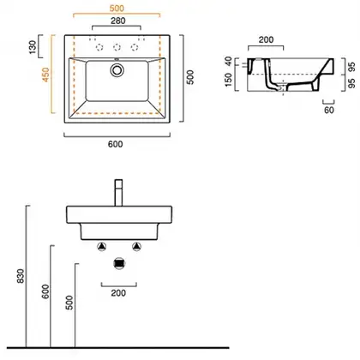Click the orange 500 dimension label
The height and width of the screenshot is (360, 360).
[x=117, y=9]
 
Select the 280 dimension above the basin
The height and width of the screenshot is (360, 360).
[x=118, y=21]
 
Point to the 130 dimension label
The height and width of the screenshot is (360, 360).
[x=33, y=47]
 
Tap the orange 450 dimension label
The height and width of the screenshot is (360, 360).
[x=46, y=75]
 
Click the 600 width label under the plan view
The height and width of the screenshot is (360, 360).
[x=116, y=144]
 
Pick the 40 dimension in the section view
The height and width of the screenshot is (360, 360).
[x=228, y=61]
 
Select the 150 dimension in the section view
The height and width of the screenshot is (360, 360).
[x=229, y=80]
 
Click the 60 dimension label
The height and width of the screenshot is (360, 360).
[x=329, y=110]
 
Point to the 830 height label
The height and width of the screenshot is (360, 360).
[x=21, y=276]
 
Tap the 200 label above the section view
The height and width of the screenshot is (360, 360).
[x=266, y=39]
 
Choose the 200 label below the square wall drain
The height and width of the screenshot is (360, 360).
[x=118, y=293]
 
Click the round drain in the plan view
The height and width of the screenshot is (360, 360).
[x=117, y=69]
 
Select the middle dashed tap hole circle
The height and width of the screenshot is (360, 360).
[x=117, y=47]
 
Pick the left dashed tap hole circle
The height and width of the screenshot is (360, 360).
[x=99, y=47]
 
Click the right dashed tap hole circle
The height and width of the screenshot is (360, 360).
[x=135, y=47]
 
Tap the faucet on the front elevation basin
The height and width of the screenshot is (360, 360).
[x=118, y=193]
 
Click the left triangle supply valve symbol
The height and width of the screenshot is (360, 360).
[x=102, y=246]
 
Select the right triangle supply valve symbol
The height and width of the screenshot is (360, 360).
[x=137, y=246]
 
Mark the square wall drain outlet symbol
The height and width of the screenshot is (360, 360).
[x=119, y=263]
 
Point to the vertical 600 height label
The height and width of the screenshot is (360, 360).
[x=45, y=291]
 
